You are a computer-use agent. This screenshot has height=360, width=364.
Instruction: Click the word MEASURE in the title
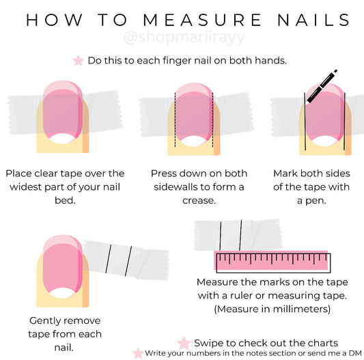tap(202, 20)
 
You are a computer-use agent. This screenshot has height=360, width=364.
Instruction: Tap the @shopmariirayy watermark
tap(184, 38)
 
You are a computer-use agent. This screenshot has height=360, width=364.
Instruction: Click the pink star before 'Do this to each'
tap(79, 61)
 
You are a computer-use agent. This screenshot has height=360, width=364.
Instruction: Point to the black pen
tap(322, 86)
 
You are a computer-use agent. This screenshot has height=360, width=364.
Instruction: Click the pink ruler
tap(272, 262)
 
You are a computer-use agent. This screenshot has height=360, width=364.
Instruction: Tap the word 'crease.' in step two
tap(199, 200)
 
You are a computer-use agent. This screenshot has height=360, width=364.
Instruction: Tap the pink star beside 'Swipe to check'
tap(184, 343)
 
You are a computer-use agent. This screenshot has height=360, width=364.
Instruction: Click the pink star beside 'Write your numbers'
tap(138, 353)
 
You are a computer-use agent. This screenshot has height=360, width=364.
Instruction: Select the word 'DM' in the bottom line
tap(355, 353)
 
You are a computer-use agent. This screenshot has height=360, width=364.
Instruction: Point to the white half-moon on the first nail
tap(62, 139)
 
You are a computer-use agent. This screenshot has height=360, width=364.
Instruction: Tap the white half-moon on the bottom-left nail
tap(62, 293)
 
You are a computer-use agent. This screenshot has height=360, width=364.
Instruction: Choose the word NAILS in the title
tap(313, 20)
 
